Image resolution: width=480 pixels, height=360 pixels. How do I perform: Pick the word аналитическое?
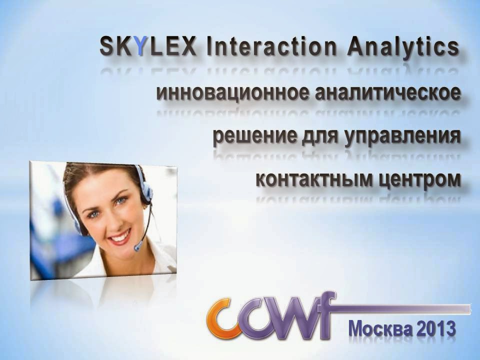coord(388,92)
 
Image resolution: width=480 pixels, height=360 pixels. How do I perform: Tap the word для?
coord(320,137)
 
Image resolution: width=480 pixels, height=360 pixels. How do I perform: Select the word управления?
coord(402,137)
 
